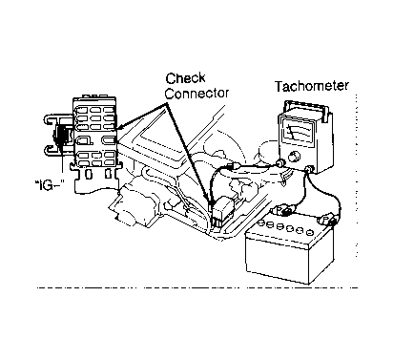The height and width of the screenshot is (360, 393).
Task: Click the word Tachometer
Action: point(312,86)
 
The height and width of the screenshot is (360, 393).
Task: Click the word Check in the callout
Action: point(185,78)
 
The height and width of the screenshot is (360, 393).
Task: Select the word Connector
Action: point(196,93)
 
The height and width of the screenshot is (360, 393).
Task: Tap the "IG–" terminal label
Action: point(48,185)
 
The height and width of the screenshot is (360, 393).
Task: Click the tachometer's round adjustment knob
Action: point(293,157)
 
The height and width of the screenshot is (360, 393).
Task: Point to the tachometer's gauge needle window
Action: point(297,131)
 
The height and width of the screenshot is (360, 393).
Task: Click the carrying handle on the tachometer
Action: point(307,110)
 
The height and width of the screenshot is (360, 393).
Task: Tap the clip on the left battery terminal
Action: point(284,211)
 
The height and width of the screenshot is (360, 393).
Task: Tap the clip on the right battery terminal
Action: point(327,221)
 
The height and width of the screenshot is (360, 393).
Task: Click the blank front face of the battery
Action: point(278,260)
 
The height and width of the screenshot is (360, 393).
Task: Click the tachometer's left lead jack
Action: point(280,163)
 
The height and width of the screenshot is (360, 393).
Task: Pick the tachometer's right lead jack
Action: point(309,169)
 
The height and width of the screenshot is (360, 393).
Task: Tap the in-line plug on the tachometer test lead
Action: point(236,166)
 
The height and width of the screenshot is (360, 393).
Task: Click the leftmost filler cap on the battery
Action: point(261,223)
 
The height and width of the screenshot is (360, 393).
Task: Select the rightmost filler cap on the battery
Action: point(308,233)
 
